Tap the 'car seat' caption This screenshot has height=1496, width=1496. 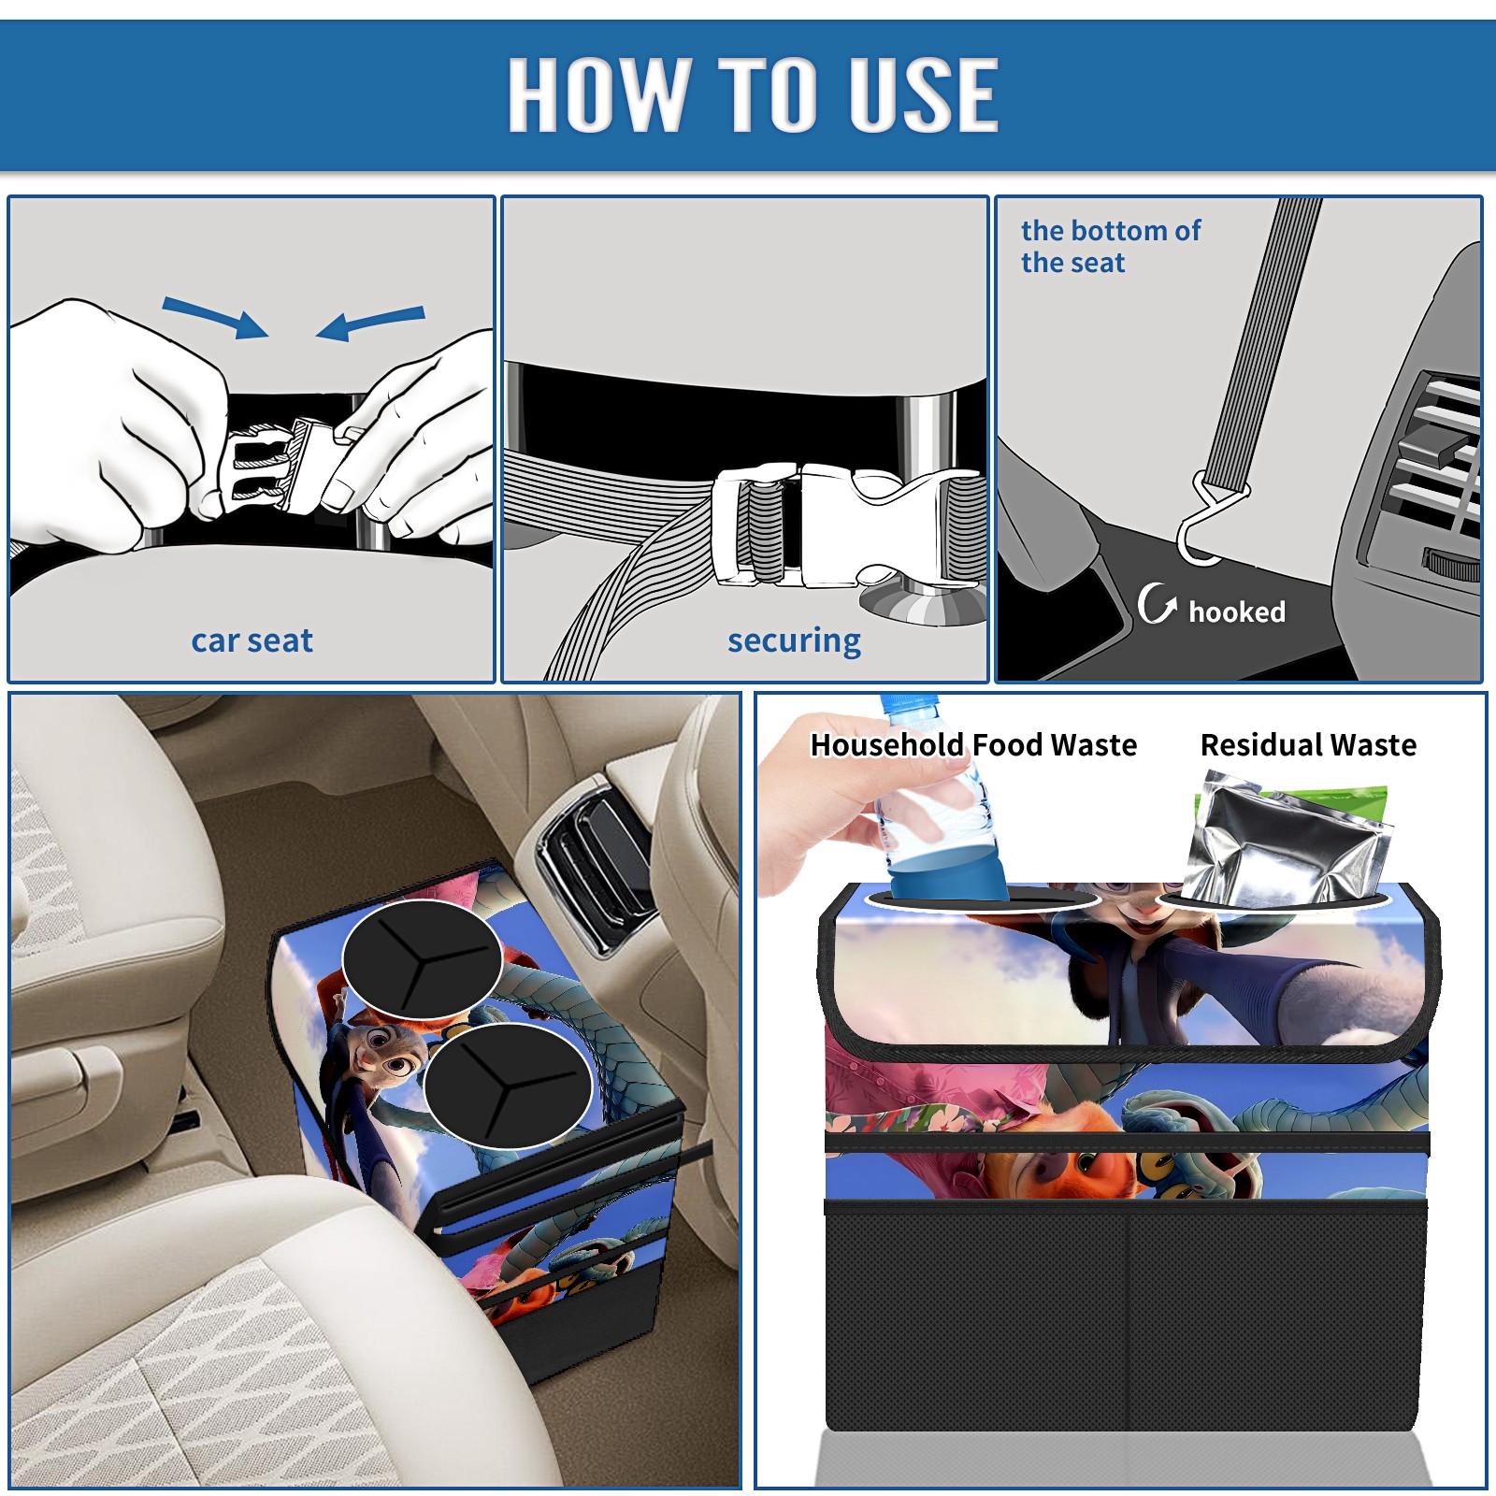252,640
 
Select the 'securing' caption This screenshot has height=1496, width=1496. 794,641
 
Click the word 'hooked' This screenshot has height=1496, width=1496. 1237,611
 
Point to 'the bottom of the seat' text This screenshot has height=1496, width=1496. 1110,246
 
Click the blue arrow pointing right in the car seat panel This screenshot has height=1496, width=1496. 215,316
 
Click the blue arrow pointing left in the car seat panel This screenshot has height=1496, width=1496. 371,323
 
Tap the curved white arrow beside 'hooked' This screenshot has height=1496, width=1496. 1157,603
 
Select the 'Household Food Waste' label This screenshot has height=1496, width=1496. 973,745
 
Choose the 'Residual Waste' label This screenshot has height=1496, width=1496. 1308,745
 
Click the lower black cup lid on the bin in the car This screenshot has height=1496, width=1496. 507,1085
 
